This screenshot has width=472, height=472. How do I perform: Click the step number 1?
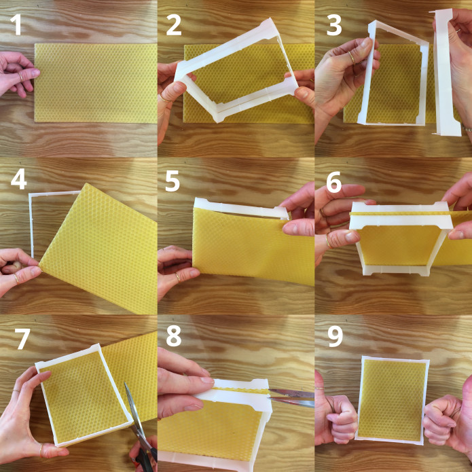[17, 24]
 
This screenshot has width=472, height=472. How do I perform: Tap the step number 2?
[174, 24]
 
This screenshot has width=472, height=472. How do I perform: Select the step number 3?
[334, 24]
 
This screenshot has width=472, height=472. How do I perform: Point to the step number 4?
[18, 180]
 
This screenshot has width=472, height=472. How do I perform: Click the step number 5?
[173, 181]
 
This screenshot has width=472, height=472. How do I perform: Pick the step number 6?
[334, 182]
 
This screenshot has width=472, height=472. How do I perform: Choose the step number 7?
[22, 339]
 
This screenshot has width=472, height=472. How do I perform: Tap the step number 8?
[174, 335]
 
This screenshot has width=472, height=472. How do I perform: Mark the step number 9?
[335, 337]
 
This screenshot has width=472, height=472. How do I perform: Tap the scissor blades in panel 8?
[291, 397]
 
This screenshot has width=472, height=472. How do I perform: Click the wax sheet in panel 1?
[96, 83]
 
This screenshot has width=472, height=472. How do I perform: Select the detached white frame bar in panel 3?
[446, 72]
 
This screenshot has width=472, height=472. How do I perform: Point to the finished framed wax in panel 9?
[393, 401]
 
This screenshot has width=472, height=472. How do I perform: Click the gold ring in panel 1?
[20, 77]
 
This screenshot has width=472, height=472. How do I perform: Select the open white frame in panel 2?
[237, 71]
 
